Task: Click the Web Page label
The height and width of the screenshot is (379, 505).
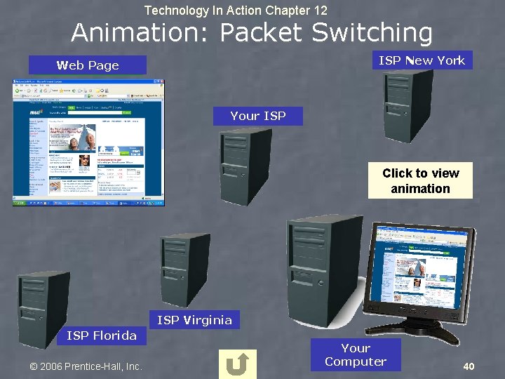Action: pyautogui.click(x=88, y=65)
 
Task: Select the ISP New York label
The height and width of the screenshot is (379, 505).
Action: pyautogui.click(x=422, y=60)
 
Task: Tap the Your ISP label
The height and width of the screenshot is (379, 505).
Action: pyautogui.click(x=258, y=116)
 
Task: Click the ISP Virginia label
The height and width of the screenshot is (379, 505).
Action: pyautogui.click(x=194, y=320)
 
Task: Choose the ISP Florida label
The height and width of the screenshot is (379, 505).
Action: pyautogui.click(x=102, y=335)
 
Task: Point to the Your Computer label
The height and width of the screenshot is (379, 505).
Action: pyautogui.click(x=356, y=355)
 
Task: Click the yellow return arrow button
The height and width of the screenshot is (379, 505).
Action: pyautogui.click(x=238, y=364)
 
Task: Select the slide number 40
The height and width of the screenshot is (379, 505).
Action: pyautogui.click(x=469, y=366)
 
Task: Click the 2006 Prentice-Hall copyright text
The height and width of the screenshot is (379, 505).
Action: pyautogui.click(x=86, y=366)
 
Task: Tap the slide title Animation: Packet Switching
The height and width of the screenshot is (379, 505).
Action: pyautogui.click(x=252, y=32)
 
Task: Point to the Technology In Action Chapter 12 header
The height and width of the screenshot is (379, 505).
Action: pyautogui.click(x=236, y=10)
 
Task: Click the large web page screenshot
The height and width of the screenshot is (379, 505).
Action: pyautogui.click(x=88, y=142)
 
